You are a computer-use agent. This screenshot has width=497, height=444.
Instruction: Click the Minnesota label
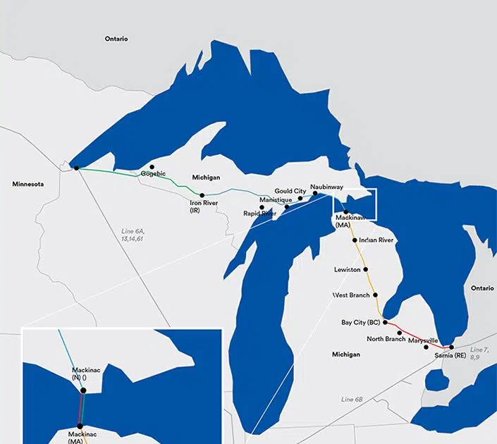(x=28, y=184)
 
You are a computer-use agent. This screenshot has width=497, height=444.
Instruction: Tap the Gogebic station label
(x=153, y=173)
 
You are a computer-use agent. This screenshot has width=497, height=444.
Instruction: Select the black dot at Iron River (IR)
(x=202, y=195)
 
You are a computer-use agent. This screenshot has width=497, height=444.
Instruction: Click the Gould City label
(x=290, y=191)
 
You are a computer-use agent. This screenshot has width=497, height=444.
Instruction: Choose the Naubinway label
(x=326, y=187)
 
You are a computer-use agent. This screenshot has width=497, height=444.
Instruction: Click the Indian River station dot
(x=354, y=240)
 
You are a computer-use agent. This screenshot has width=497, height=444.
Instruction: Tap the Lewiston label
(x=348, y=270)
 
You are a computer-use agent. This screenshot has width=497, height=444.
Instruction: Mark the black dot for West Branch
(x=375, y=295)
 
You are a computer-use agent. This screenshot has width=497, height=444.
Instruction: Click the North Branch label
(x=386, y=339)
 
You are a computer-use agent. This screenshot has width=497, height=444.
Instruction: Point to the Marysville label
(x=423, y=340)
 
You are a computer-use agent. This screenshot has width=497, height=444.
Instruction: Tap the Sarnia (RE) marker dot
(x=451, y=347)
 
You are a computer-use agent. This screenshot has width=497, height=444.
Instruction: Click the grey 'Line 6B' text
(x=352, y=400)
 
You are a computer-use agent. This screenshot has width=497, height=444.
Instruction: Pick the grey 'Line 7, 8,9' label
(x=479, y=354)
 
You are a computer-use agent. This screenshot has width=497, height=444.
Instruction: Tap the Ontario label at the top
(x=116, y=39)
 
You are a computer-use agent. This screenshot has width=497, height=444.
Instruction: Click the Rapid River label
(x=259, y=213)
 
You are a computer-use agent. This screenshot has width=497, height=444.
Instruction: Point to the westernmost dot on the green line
(x=76, y=168)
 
